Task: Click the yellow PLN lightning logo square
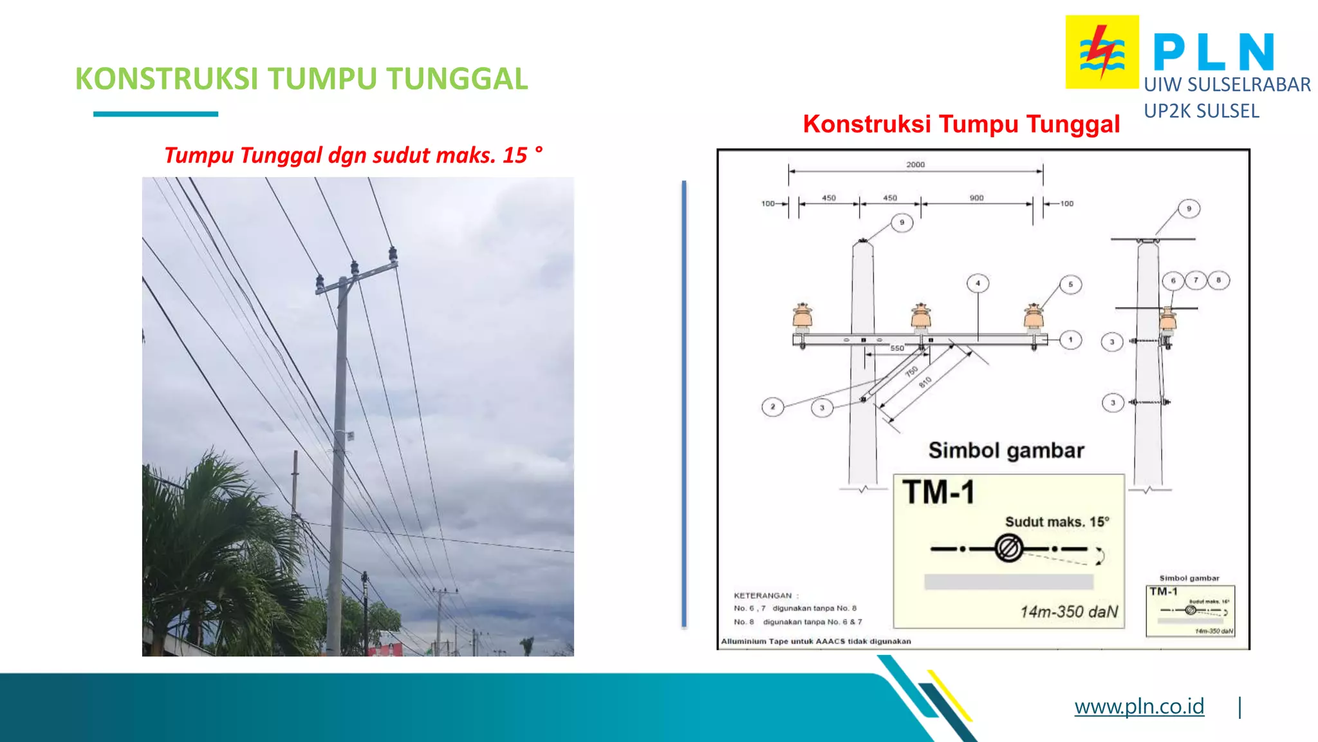(1102, 52)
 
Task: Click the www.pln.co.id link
(1138, 706)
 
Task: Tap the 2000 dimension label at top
(915, 164)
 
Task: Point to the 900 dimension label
(976, 198)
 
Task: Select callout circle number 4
(978, 283)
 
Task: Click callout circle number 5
(1070, 284)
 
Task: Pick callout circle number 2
(772, 406)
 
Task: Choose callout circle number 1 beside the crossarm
(1070, 339)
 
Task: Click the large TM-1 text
(938, 492)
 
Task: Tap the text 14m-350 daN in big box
(1069, 611)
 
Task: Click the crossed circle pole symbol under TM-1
(1008, 549)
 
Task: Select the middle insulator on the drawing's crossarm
(921, 316)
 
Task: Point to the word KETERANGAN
(763, 595)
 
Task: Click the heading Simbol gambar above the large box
(1006, 450)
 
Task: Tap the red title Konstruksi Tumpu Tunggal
(961, 124)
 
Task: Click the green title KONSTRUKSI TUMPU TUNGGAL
(301, 79)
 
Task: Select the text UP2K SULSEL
(1201, 111)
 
